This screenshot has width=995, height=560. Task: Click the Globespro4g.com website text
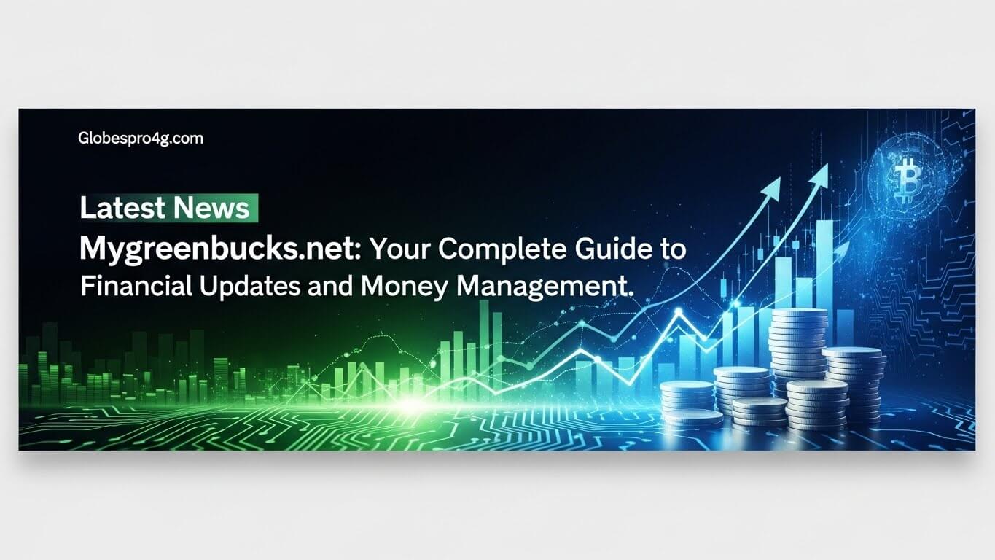[x=141, y=139]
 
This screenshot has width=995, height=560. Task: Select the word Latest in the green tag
[x=122, y=208]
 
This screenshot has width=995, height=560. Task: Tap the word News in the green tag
[x=211, y=208]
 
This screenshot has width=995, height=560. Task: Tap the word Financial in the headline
[x=136, y=287]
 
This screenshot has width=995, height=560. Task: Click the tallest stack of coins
[x=799, y=351]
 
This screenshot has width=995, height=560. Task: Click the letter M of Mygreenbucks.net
[x=93, y=248]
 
